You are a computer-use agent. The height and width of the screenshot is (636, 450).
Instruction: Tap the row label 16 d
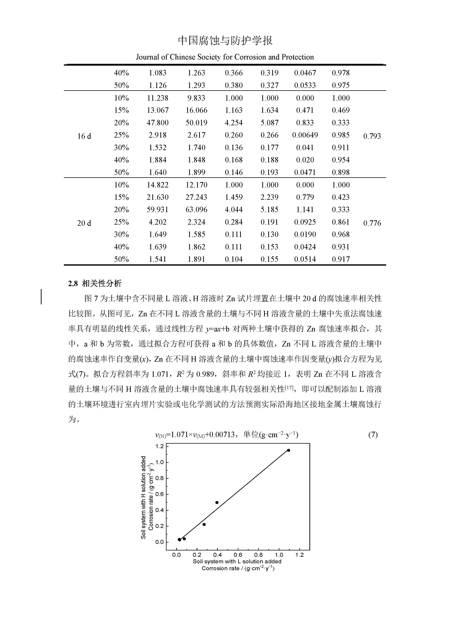[84, 136]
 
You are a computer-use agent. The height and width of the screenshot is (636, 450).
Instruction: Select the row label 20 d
[84, 223]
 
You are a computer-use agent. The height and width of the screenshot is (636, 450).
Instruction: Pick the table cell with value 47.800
[157, 123]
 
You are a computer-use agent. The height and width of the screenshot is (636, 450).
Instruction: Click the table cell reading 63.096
[196, 210]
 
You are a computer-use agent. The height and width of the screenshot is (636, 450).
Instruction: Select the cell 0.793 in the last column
[372, 136]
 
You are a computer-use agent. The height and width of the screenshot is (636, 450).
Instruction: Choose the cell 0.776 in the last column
[372, 223]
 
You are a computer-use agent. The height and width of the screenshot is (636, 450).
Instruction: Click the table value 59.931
[157, 210]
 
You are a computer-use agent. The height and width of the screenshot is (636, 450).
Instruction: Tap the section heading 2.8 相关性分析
[95, 283]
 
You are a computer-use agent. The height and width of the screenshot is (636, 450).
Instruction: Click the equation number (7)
[373, 434]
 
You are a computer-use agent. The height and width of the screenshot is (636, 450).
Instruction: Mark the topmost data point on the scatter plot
[288, 450]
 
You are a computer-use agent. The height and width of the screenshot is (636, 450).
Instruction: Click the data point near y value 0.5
[217, 503]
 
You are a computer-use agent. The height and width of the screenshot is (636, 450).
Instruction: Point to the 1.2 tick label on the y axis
[160, 446]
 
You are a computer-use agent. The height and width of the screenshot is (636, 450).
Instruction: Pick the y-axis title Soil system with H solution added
[143, 497]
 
